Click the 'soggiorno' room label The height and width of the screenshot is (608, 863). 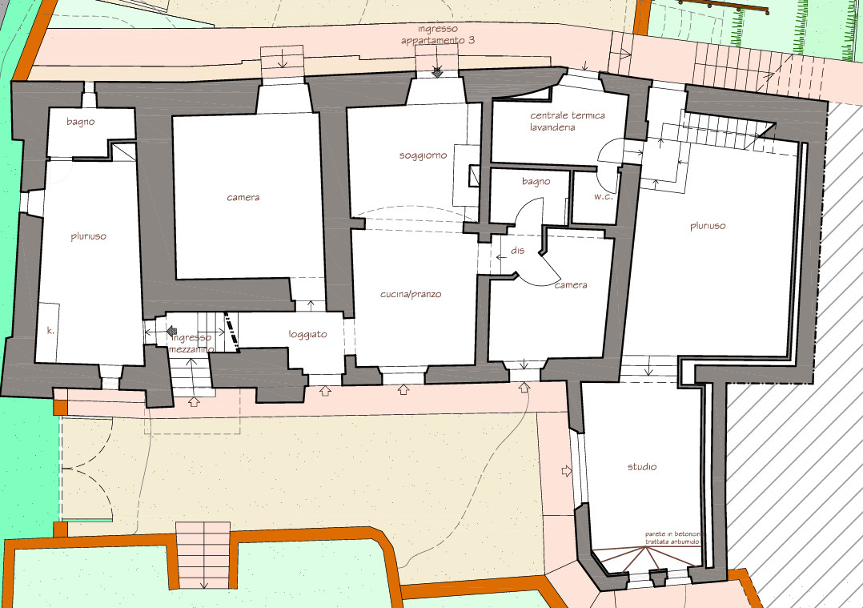423,156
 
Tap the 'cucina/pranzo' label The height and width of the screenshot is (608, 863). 411,294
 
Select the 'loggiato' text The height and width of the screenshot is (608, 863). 307,334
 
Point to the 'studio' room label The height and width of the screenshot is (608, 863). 642,466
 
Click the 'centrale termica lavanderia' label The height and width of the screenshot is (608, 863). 567,121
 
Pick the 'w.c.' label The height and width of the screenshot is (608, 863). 604,196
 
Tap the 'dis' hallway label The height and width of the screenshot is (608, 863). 517,251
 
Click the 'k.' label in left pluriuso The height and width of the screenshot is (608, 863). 50,330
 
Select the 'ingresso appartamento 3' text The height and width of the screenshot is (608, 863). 438,34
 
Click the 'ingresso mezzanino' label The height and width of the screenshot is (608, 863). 191,343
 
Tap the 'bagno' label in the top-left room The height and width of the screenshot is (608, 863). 80,122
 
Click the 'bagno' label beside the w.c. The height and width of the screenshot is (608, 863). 536,181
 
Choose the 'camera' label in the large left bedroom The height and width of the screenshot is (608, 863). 243,197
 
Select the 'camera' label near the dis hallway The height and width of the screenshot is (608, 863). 571,284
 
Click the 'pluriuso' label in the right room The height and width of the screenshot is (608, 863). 708,226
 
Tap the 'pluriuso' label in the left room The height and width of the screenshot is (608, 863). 89,236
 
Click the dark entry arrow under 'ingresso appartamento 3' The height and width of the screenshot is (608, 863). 438,72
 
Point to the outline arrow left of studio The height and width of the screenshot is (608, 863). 567,471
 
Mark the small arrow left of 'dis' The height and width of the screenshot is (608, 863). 501,256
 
